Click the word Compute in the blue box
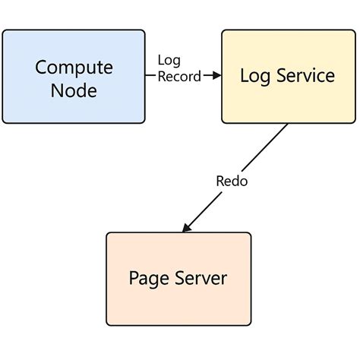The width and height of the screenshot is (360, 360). click(74, 67)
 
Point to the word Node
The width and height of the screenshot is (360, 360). click(74, 90)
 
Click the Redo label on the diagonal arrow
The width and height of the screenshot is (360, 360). click(232, 181)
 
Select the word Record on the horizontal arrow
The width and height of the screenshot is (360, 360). click(179, 76)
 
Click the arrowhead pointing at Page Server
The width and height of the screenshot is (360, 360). click(185, 228)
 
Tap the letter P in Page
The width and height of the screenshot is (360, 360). click(134, 278)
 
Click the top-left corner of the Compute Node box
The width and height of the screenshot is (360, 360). click(4, 31)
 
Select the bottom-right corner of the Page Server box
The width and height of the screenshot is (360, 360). click(249, 325)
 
